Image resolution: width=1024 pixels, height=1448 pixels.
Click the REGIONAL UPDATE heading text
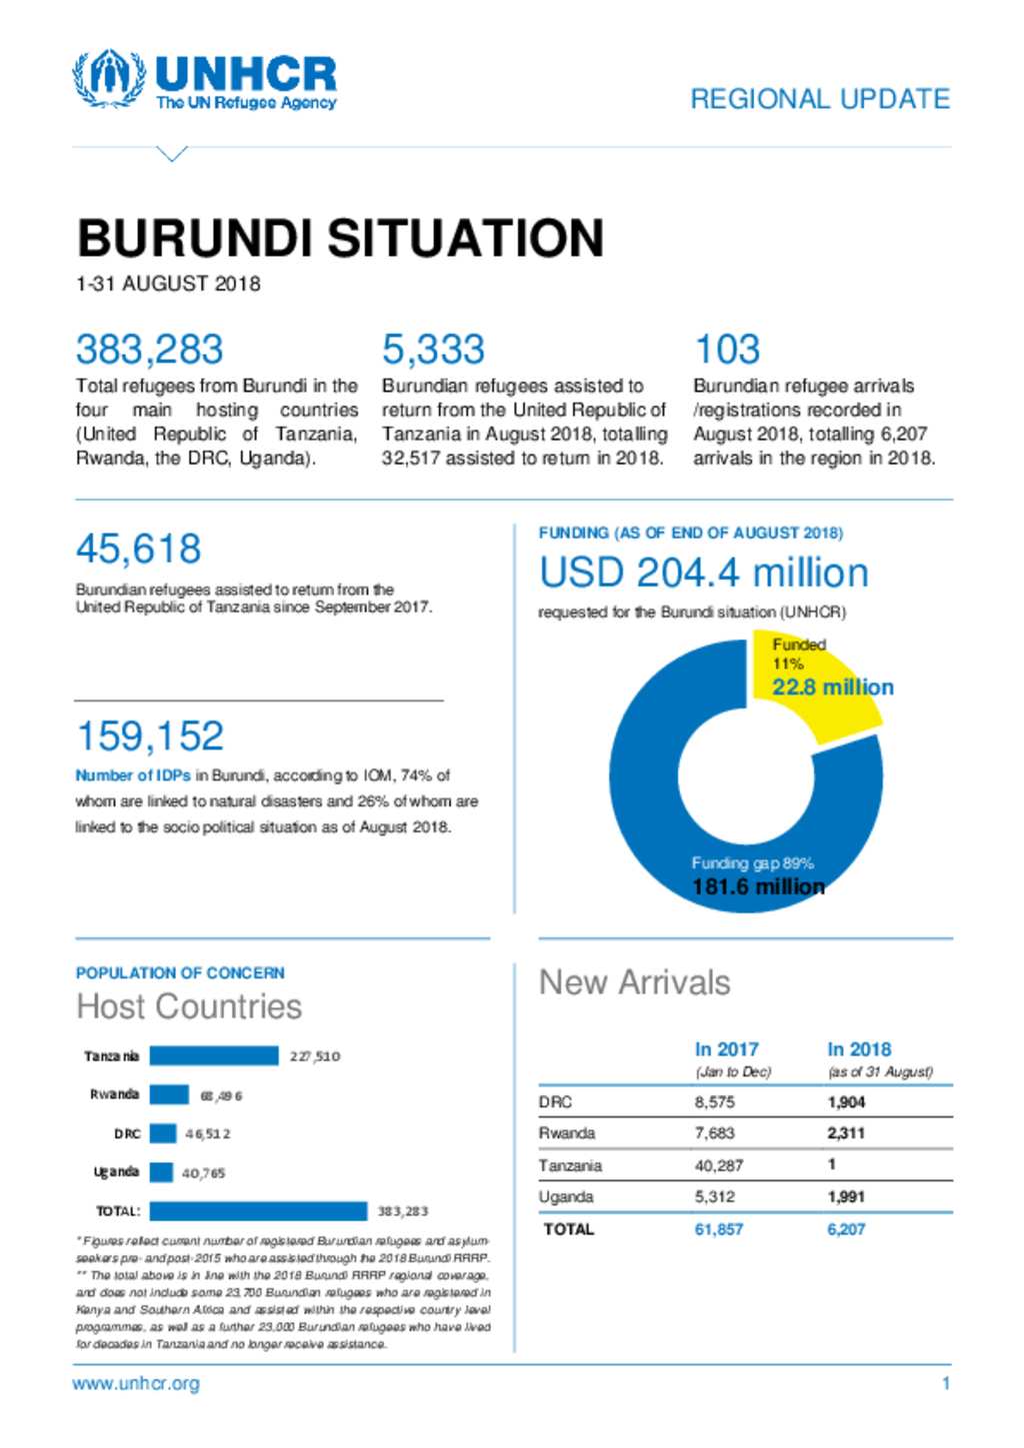click(819, 99)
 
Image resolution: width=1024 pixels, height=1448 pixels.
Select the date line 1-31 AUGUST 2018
click(168, 285)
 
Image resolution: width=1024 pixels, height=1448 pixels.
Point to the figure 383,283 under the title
click(149, 350)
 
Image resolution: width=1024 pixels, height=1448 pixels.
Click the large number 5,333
click(433, 350)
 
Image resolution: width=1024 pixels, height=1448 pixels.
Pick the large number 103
click(727, 350)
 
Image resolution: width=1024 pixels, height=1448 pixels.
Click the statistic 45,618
click(138, 549)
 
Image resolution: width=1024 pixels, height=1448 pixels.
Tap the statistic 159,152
click(150, 736)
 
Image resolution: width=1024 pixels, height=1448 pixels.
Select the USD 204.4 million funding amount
click(703, 573)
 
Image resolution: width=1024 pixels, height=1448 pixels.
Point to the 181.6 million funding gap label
click(758, 886)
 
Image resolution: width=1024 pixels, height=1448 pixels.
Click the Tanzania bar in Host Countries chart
click(214, 1056)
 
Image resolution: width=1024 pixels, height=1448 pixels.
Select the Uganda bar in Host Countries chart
click(161, 1172)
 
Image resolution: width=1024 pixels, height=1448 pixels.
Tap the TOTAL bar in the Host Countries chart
click(258, 1211)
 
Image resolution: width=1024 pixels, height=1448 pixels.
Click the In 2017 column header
click(726, 1049)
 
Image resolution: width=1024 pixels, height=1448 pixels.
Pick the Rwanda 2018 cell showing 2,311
click(846, 1133)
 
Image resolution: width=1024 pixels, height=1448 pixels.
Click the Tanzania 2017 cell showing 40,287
click(718, 1165)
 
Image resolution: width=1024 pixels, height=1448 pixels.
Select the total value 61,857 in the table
click(718, 1229)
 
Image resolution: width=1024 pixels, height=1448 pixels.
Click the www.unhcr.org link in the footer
click(136, 1384)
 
